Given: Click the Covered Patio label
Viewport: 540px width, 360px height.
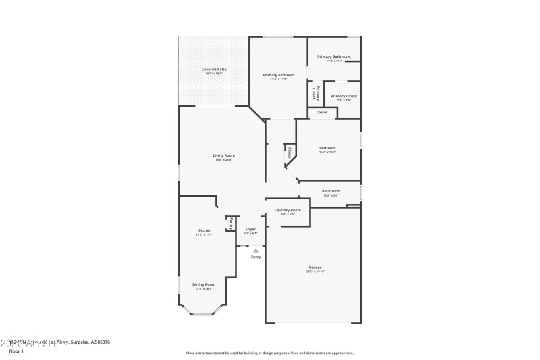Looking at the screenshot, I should pyautogui.click(x=214, y=70).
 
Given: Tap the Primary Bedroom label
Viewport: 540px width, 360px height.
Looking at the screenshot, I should pyautogui.click(x=279, y=75).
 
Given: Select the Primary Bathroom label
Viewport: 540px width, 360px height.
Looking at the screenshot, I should pyautogui.click(x=334, y=57).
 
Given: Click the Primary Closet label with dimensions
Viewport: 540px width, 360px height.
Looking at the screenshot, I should pyautogui.click(x=344, y=97).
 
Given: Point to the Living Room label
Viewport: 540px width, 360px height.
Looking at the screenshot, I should pyautogui.click(x=223, y=156).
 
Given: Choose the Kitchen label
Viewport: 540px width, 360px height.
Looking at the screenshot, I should pyautogui.click(x=205, y=231).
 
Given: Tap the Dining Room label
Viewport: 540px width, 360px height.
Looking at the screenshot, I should pyautogui.click(x=204, y=285).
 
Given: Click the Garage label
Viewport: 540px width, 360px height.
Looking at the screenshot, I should pyautogui.click(x=315, y=267).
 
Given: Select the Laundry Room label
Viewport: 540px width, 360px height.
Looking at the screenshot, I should pyautogui.click(x=288, y=211).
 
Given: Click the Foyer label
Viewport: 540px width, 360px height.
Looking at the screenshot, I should pyautogui.click(x=250, y=230).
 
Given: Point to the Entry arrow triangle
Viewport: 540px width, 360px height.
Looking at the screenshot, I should pyautogui.click(x=256, y=251).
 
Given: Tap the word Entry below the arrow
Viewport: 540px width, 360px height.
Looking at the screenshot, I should pyautogui.click(x=256, y=257).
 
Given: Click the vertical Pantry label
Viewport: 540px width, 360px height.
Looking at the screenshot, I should pyautogui.click(x=231, y=223).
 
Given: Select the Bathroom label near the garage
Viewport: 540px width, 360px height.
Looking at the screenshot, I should pyautogui.click(x=331, y=192).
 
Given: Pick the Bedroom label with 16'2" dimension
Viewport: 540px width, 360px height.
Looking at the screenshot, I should pyautogui.click(x=327, y=149).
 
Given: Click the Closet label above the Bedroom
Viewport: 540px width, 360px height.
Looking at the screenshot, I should pyautogui.click(x=322, y=112).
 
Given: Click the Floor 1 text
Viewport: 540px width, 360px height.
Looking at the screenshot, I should pyautogui.click(x=16, y=351).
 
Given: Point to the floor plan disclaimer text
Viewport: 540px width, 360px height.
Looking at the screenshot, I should pyautogui.click(x=269, y=353).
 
